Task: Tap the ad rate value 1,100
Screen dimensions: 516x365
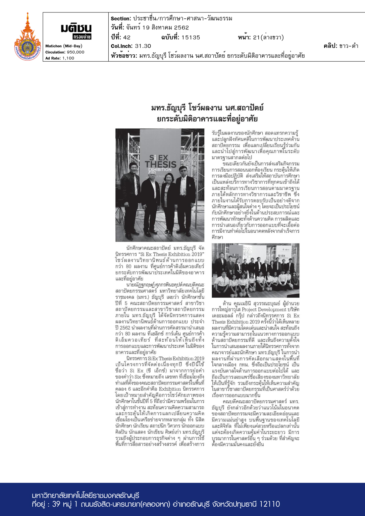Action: pyautogui.click(x=68, y=58)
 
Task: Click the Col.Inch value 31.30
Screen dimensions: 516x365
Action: pyautogui.click(x=143, y=46)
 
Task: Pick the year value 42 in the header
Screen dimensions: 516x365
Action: pyautogui.click(x=127, y=37)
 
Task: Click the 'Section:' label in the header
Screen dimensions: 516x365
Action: pyautogui.click(x=121, y=19)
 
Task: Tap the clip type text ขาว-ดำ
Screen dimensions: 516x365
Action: pyautogui.click(x=349, y=46)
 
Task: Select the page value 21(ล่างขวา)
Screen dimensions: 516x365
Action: pyautogui.click(x=268, y=37)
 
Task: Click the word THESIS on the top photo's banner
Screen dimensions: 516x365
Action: pyautogui.click(x=160, y=164)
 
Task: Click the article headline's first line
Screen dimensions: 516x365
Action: pyautogui.click(x=207, y=108)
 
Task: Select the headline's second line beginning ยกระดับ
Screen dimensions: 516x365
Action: pyautogui.click(x=207, y=119)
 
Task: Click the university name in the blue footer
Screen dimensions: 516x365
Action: pyautogui.click(x=86, y=496)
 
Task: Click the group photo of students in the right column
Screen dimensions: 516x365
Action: pyautogui.click(x=255, y=270)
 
